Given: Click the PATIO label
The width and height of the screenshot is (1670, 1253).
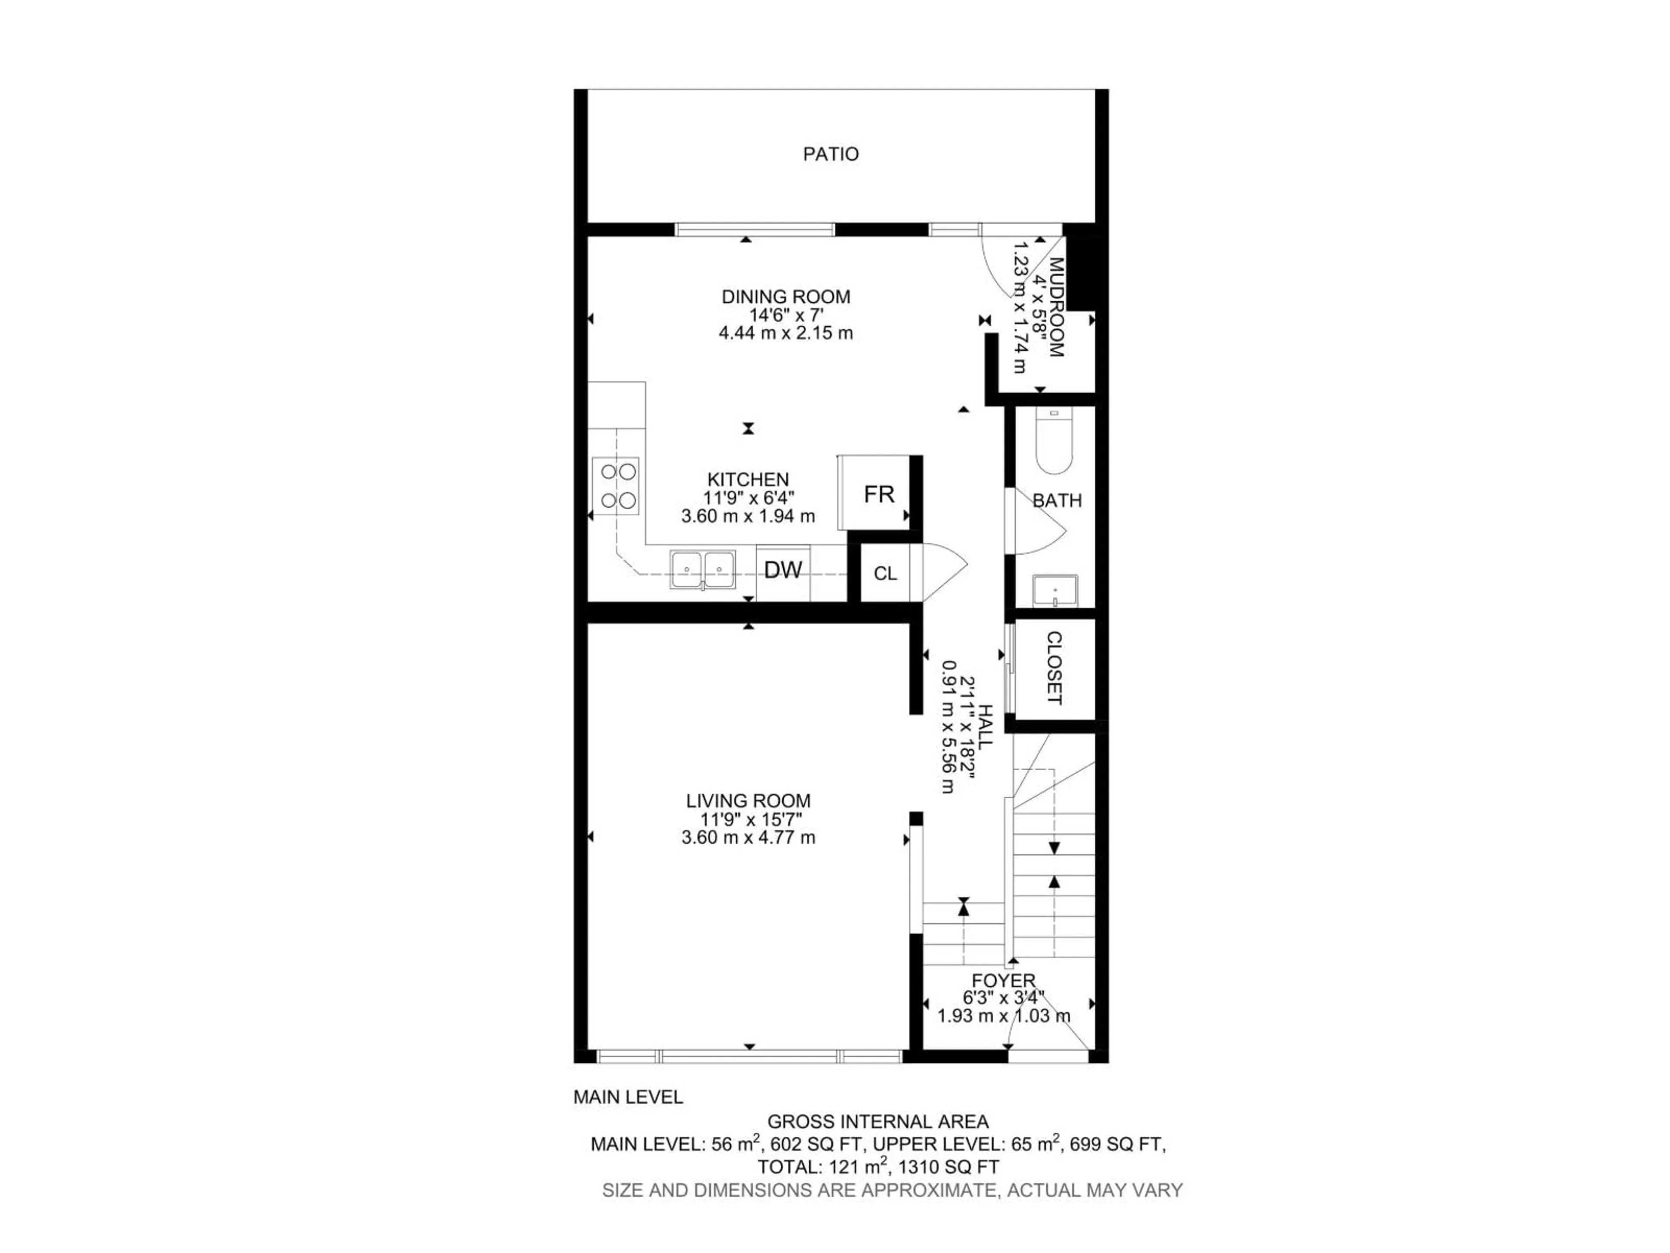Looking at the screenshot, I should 831,154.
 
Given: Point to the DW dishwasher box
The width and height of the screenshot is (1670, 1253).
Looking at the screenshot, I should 783,571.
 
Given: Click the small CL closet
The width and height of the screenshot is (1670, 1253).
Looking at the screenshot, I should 885,574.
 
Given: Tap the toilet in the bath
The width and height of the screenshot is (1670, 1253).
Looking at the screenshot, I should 1055,442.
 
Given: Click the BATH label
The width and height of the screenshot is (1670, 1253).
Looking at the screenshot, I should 1057,501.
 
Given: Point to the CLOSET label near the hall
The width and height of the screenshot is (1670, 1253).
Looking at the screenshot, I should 1054,668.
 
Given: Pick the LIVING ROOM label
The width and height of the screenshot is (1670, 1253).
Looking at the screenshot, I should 748,801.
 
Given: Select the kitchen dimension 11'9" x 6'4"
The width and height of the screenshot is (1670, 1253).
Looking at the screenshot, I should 748,498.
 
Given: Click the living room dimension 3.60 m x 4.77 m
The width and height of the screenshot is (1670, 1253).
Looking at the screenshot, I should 748,838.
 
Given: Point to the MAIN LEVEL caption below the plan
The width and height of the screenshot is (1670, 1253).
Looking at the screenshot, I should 628,1097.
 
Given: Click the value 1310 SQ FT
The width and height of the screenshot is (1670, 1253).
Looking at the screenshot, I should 948,1167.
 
